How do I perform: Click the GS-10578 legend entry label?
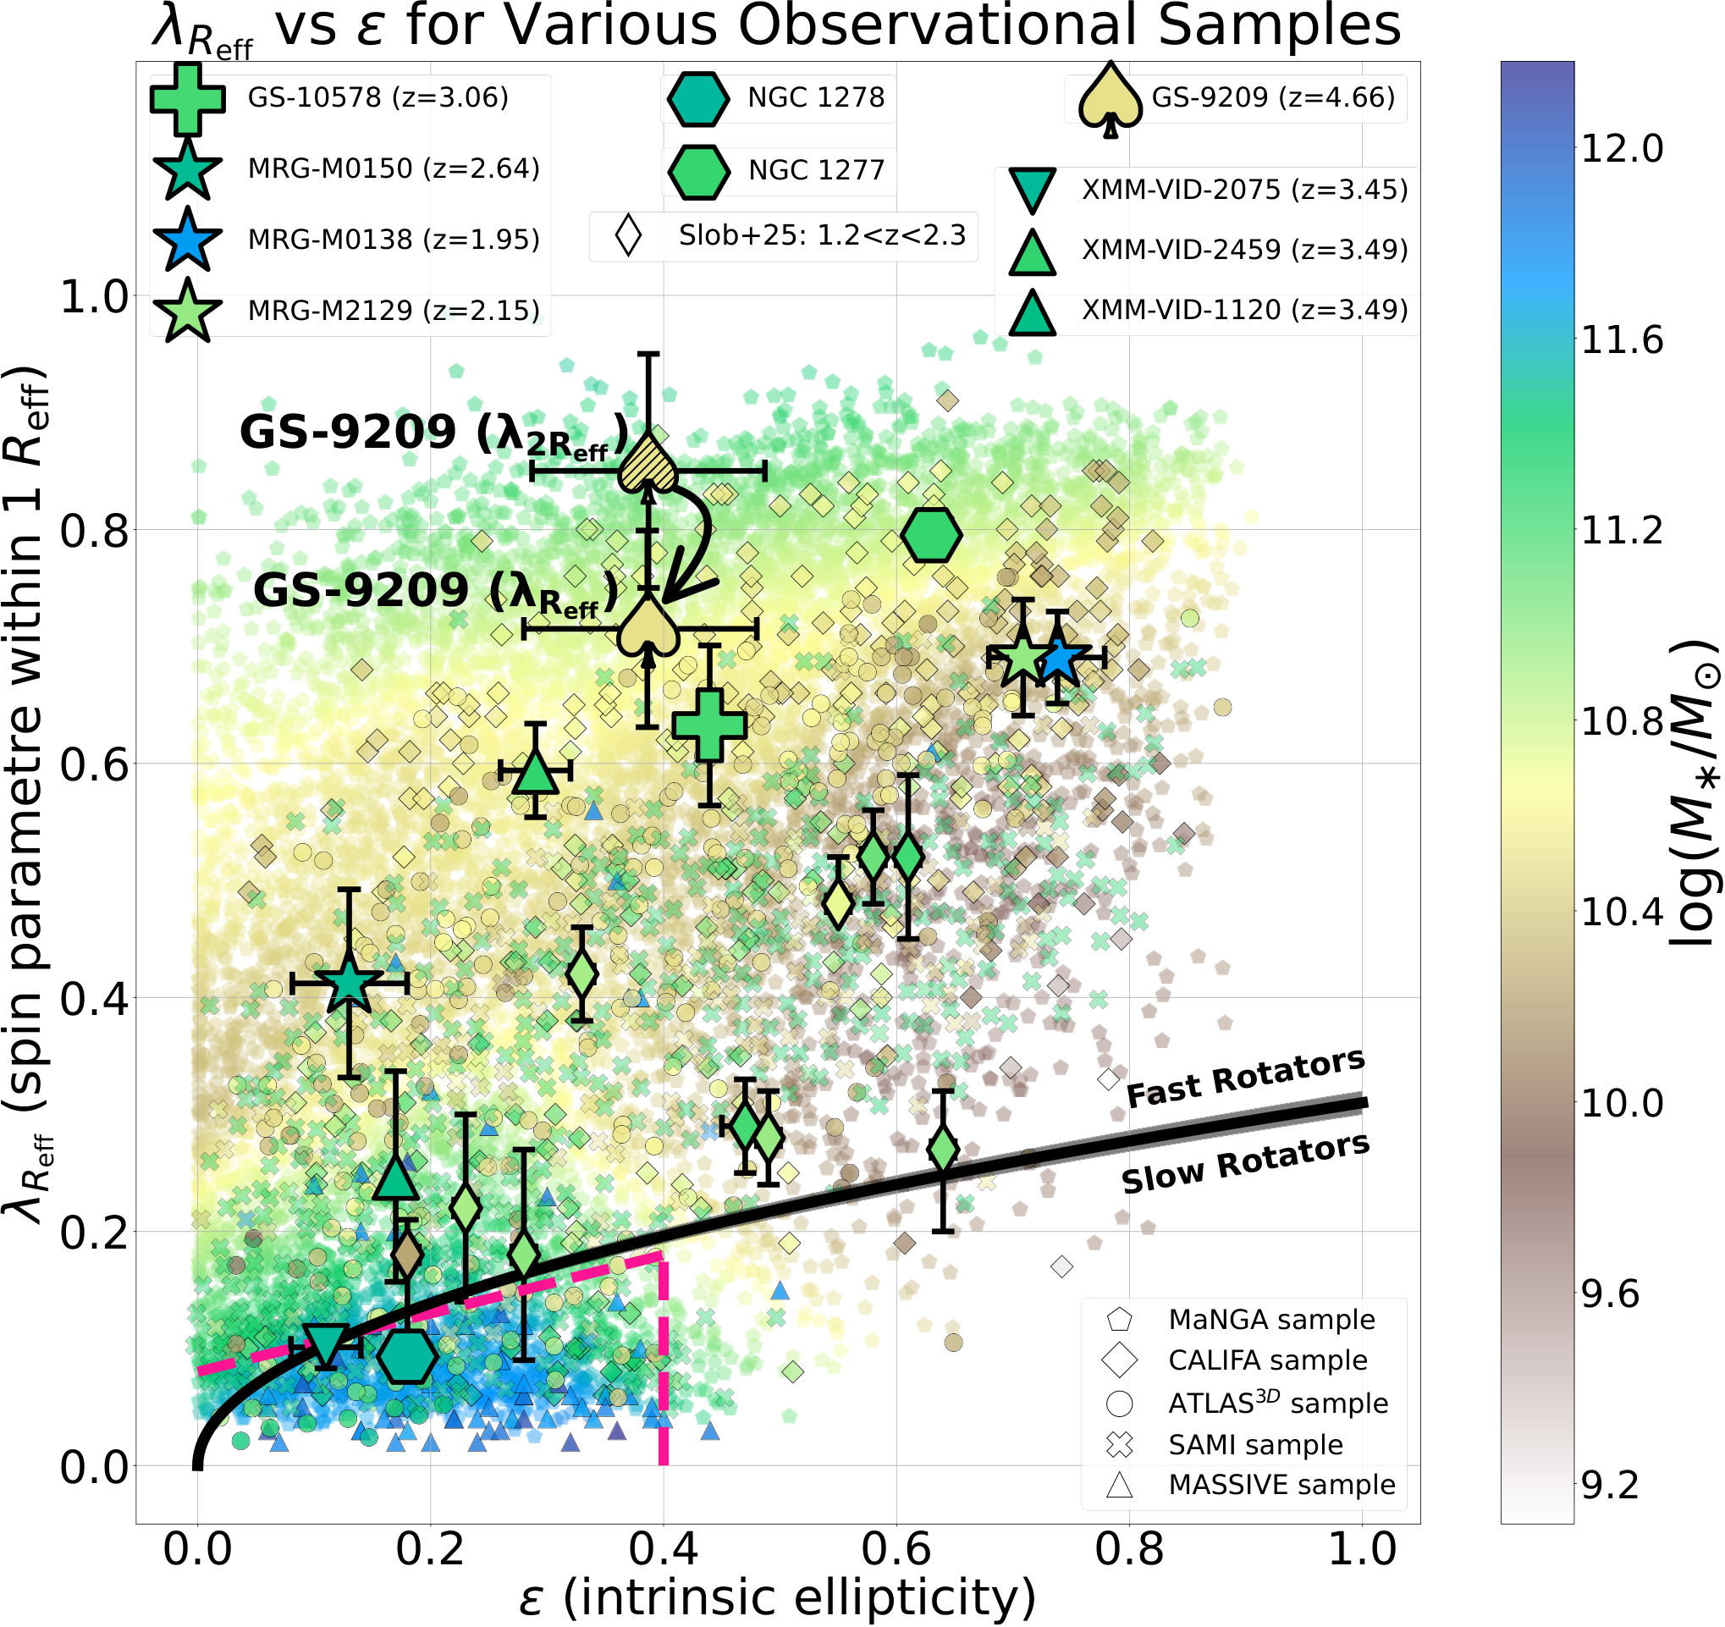pyautogui.click(x=378, y=97)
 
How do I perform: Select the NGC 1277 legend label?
pyautogui.click(x=817, y=170)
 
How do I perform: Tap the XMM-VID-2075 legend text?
pyautogui.click(x=1244, y=189)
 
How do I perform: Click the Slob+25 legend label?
pyautogui.click(x=822, y=235)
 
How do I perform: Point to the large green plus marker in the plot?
pyautogui.click(x=710, y=725)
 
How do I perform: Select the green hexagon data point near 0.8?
pyautogui.click(x=931, y=535)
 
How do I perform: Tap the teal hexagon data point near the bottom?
pyautogui.click(x=407, y=1356)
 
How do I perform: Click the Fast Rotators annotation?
pyautogui.click(x=1245, y=1078)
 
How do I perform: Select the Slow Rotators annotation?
pyautogui.click(x=1245, y=1163)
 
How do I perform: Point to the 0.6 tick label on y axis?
pyautogui.click(x=94, y=764)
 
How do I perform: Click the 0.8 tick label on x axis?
pyautogui.click(x=1130, y=1550)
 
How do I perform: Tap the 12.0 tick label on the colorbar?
pyautogui.click(x=1622, y=148)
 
